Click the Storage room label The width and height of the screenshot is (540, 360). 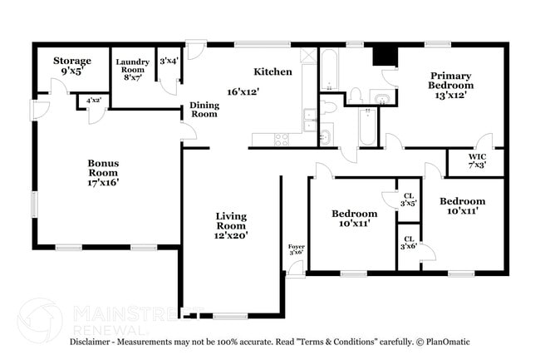pyautogui.click(x=72, y=61)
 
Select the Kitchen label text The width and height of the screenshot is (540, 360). pyautogui.click(x=272, y=72)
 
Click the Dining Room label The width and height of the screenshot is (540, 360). pyautogui.click(x=204, y=109)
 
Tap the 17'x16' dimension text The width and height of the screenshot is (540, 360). pyautogui.click(x=103, y=182)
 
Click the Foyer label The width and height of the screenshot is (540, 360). pyautogui.click(x=296, y=247)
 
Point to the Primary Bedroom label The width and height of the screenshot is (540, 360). pyautogui.click(x=451, y=80)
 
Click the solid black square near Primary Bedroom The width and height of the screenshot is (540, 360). pyautogui.click(x=385, y=55)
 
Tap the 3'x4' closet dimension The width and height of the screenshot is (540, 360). pyautogui.click(x=169, y=60)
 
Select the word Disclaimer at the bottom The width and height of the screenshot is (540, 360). pyautogui.click(x=90, y=342)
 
